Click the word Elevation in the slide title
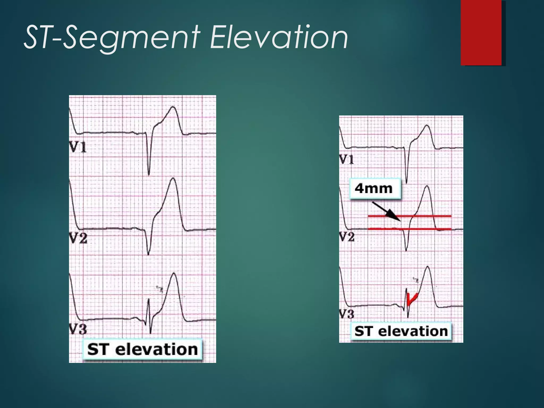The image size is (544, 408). [x=279, y=37]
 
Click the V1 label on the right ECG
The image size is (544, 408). [x=347, y=159]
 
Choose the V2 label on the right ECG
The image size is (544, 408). [x=347, y=236]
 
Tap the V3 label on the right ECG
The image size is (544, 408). [x=347, y=314]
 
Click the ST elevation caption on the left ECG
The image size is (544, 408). [x=142, y=349]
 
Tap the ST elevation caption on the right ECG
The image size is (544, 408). [x=401, y=331]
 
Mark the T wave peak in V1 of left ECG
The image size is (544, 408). [x=173, y=107]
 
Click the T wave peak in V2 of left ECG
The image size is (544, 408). [x=173, y=178]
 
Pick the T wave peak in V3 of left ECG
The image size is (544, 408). [x=174, y=274]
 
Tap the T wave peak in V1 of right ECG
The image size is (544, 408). [x=427, y=125]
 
